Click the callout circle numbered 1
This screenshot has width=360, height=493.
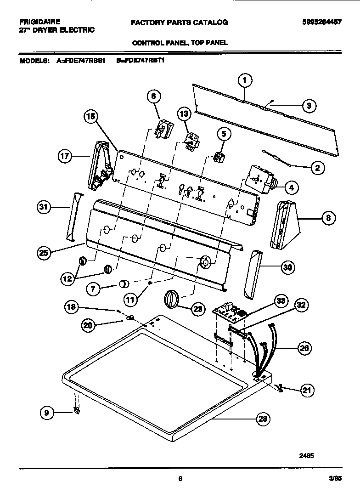(x=245, y=81)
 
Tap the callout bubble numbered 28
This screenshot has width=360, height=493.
(x=262, y=419)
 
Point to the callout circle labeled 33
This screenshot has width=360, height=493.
(x=280, y=301)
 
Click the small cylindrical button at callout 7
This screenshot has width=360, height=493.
(x=124, y=284)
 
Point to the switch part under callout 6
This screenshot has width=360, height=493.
(x=163, y=127)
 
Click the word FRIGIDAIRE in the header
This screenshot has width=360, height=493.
(x=40, y=22)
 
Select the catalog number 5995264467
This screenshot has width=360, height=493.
(x=321, y=22)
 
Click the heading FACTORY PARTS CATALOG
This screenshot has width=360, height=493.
(x=179, y=22)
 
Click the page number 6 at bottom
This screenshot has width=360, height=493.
(x=180, y=479)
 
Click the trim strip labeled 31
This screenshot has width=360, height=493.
(x=74, y=216)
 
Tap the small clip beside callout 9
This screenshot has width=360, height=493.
(x=77, y=409)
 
